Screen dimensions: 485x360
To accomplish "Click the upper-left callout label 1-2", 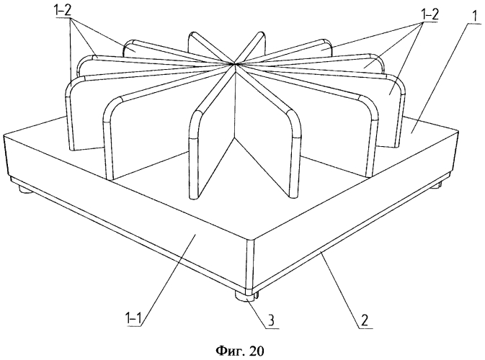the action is [x=63, y=12].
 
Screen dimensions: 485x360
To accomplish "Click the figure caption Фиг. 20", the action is [x=239, y=351].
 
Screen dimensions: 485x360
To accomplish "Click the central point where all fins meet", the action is [x=234, y=64].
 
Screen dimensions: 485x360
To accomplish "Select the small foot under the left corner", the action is [x=26, y=189].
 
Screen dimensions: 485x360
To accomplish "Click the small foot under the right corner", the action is [x=440, y=185].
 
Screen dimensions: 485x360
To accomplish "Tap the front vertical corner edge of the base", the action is [x=250, y=264].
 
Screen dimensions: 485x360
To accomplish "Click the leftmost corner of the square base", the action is [x=4, y=135].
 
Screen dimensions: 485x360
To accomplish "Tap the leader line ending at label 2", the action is [x=340, y=289].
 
